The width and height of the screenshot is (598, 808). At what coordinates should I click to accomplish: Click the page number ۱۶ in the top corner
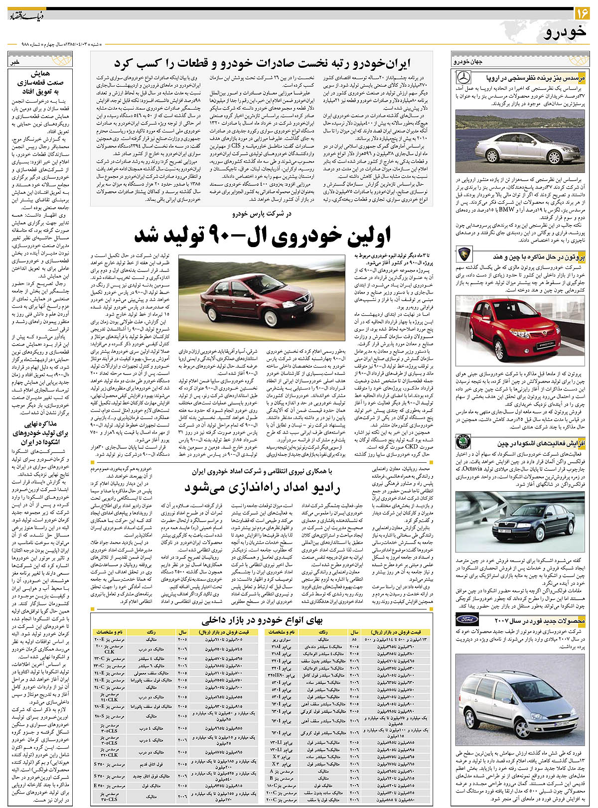click(582, 11)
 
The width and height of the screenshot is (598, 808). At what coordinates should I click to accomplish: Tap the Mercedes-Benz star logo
click(463, 78)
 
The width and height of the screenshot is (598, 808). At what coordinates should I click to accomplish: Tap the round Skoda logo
click(463, 443)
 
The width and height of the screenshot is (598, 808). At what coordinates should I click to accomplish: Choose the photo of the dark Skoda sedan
click(520, 521)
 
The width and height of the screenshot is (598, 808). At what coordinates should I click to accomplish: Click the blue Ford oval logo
click(467, 620)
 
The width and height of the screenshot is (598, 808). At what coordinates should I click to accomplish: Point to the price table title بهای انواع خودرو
click(262, 620)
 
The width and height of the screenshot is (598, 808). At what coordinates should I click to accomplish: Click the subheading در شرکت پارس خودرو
click(262, 214)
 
